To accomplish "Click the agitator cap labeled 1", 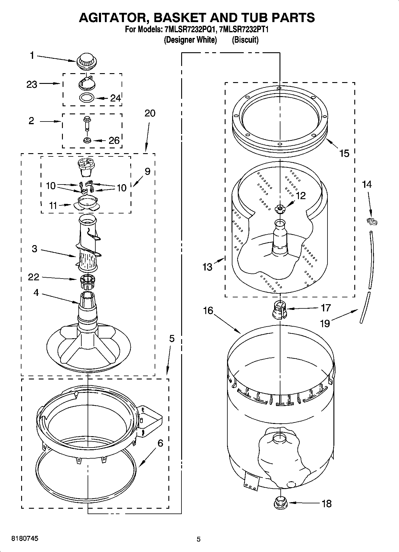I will [87, 61].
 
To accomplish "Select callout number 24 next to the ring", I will [115, 98].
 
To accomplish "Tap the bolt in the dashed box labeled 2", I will [87, 123].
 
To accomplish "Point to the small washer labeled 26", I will [87, 140].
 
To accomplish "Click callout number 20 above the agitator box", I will [150, 113].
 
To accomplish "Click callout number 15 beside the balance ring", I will [344, 153].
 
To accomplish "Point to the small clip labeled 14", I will [372, 222].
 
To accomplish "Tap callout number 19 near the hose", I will [325, 323].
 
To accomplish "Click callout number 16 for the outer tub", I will [208, 310].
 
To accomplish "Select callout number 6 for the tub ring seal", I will [160, 443].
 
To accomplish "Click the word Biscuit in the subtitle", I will [245, 40].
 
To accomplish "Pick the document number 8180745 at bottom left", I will [24, 539].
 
